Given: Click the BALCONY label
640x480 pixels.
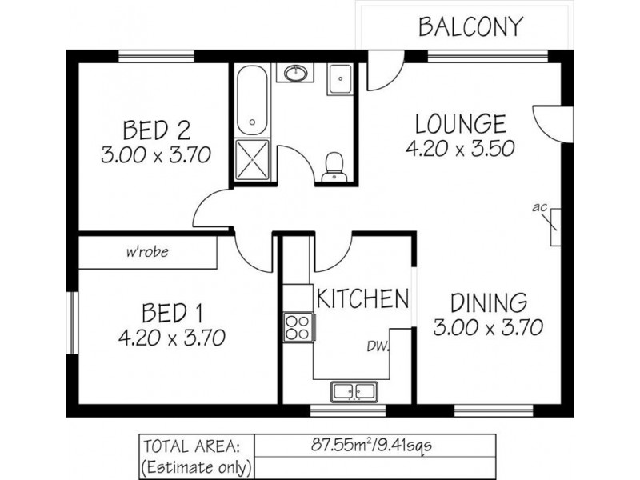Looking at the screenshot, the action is click(x=470, y=26).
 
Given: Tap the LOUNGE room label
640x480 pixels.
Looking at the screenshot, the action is click(x=461, y=124).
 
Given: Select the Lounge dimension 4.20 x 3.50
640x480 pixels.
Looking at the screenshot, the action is click(x=461, y=149).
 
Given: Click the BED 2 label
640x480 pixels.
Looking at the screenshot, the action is click(x=157, y=130).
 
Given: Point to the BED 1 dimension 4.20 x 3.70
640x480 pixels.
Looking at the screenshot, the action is click(x=172, y=338).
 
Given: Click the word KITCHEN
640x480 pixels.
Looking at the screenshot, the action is click(x=363, y=298).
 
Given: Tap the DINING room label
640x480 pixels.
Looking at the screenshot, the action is click(x=489, y=303).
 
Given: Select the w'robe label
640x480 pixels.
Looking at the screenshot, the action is click(x=147, y=251).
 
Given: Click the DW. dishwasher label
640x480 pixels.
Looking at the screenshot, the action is click(x=378, y=346).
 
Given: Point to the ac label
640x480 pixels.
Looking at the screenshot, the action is click(x=539, y=207).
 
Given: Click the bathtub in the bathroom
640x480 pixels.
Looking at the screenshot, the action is click(x=253, y=101).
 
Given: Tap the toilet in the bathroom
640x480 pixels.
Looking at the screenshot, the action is click(x=334, y=167).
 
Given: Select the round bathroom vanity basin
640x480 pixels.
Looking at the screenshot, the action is click(x=296, y=74).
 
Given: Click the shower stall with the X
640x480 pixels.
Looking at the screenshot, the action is click(x=253, y=159).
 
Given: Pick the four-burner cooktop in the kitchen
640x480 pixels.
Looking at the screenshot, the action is click(x=298, y=327).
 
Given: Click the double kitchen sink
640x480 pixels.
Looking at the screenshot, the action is click(x=354, y=391).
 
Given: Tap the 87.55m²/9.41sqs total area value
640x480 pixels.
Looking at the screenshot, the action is click(x=371, y=445).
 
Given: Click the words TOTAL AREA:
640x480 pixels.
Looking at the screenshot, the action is click(x=191, y=446).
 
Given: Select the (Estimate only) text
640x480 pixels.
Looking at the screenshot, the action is click(x=196, y=466).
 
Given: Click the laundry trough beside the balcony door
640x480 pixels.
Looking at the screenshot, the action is click(x=340, y=79).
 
